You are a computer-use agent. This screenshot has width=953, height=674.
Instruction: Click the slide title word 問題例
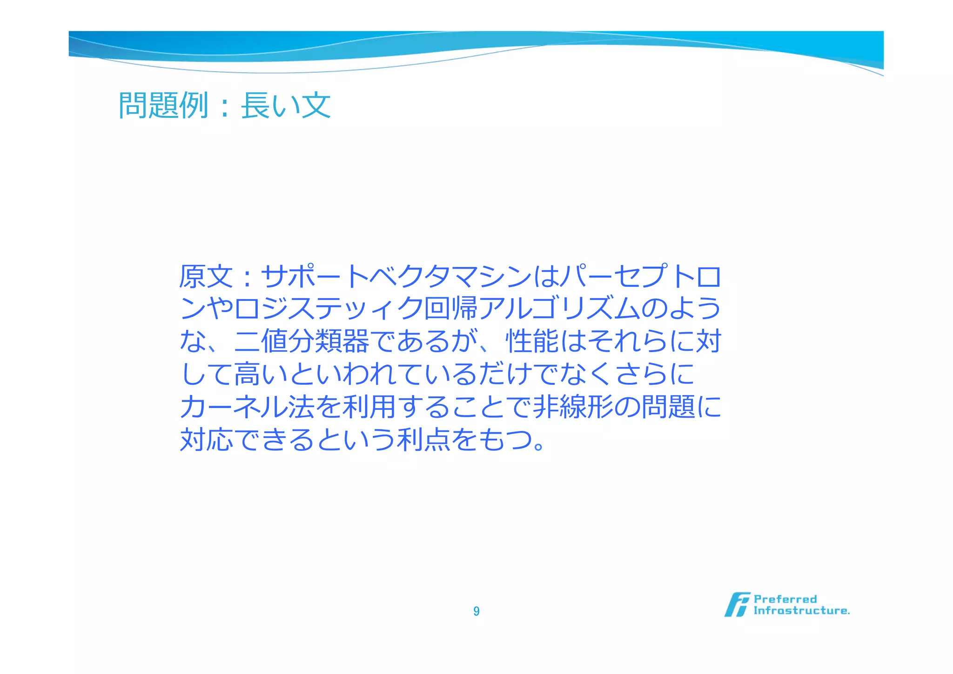pos(163,105)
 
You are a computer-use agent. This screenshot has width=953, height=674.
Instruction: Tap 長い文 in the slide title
pos(285,105)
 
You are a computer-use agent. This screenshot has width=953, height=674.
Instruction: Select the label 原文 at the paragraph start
pos(206,277)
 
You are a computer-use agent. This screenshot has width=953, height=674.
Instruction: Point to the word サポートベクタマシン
pos(396,277)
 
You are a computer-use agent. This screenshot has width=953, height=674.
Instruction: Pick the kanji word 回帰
pos(451,309)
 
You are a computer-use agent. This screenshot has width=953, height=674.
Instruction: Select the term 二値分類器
pos(301,341)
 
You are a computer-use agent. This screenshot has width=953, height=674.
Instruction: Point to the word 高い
pos(261,374)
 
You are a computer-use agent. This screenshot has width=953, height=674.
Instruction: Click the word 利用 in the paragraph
pos(369,407)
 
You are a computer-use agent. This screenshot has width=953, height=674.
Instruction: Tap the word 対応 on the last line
pos(206,439)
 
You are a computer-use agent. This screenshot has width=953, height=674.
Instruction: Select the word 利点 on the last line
pos(423,439)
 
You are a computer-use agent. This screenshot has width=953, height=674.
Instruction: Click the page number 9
pos(476,611)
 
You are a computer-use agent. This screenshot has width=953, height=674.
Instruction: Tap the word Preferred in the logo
pos(785,599)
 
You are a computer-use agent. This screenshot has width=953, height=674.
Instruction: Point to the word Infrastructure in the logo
pos(801,611)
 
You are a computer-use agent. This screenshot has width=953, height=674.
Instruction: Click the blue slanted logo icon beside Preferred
pos(737,605)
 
